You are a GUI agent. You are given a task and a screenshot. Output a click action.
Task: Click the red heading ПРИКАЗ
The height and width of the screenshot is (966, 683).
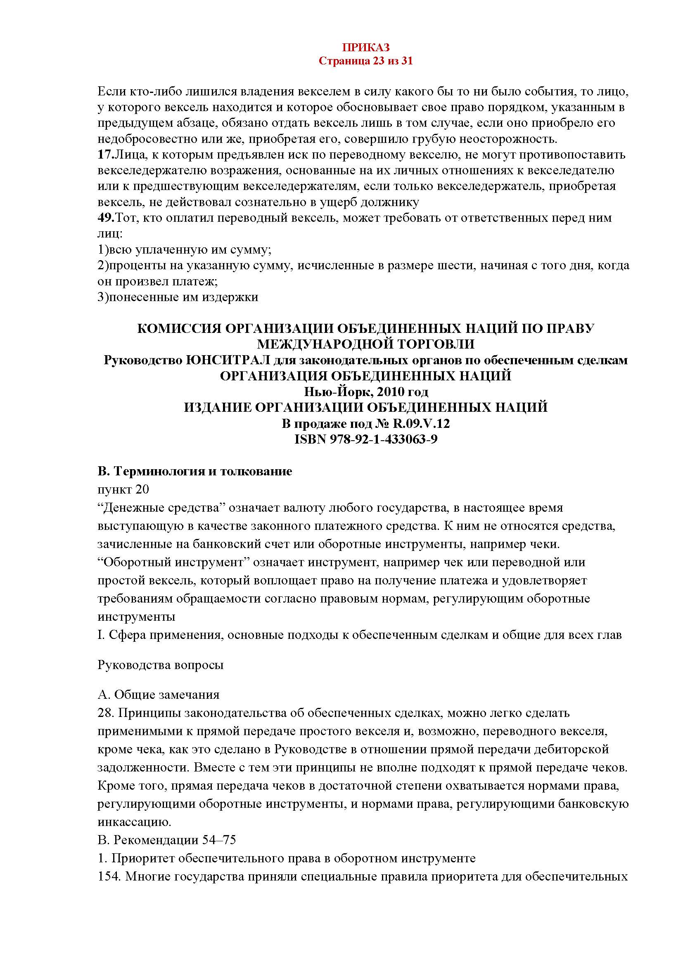[365, 47]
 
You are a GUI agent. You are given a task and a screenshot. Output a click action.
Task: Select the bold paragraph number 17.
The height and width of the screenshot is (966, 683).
[105, 155]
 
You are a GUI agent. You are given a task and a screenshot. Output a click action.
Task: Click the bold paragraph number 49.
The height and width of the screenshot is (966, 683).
[105, 218]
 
